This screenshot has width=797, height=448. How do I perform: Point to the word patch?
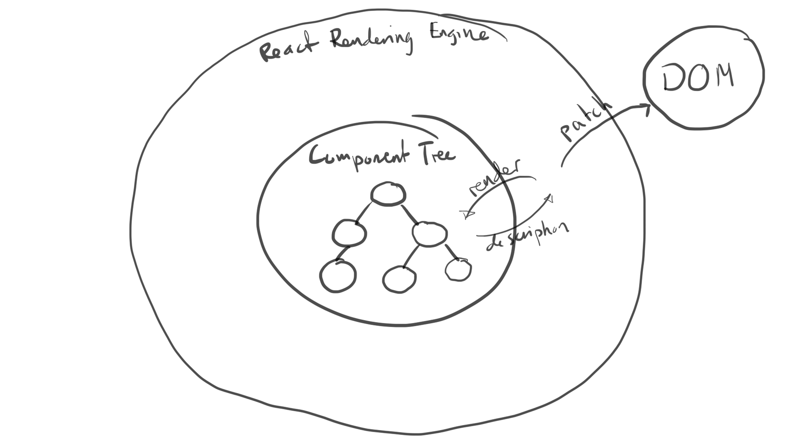[x=586, y=121]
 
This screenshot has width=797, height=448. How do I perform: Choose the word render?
[x=495, y=177]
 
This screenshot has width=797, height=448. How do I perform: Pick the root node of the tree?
[x=388, y=194]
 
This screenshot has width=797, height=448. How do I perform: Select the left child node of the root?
[x=349, y=232]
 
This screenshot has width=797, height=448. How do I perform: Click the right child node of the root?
[x=430, y=234]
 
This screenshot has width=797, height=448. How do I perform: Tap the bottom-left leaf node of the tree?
[x=338, y=276]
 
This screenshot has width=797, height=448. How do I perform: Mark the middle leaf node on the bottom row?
[x=399, y=279]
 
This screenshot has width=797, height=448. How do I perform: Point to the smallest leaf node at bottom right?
[x=458, y=269]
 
